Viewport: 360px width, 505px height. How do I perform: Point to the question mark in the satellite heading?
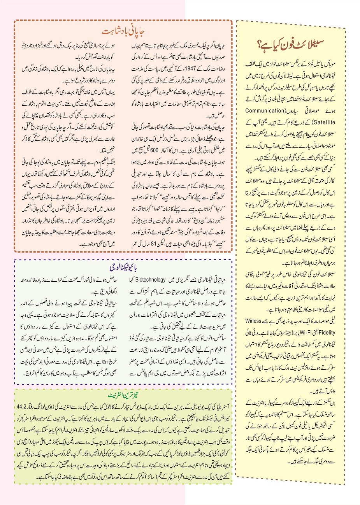pyautogui.click(x=261, y=44)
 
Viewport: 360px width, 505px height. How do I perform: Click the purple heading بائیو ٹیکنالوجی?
pyautogui.click(x=123, y=268)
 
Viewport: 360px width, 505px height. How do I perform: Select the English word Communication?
pyautogui.click(x=265, y=110)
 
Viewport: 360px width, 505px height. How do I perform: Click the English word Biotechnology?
pyautogui.click(x=151, y=280)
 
